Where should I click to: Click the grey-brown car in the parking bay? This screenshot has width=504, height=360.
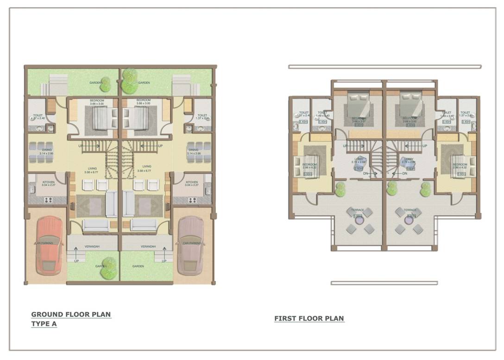[x=190, y=245]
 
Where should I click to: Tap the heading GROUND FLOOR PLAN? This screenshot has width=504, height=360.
[x=71, y=314]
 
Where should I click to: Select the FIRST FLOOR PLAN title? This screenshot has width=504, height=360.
[x=309, y=318]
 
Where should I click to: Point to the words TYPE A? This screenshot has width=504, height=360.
[x=44, y=324]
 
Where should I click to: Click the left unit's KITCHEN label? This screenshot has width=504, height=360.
[x=49, y=182]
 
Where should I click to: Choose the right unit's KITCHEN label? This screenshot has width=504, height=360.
[x=192, y=182]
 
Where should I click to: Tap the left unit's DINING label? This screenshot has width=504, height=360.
[x=47, y=150]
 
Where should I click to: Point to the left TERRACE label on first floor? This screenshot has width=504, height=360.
[x=358, y=210]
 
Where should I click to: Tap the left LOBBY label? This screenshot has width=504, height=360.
[x=358, y=159]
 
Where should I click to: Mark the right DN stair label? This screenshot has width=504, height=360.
[x=404, y=173]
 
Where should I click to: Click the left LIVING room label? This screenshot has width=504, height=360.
[x=93, y=167]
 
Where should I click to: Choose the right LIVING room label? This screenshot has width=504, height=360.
[x=147, y=167]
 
